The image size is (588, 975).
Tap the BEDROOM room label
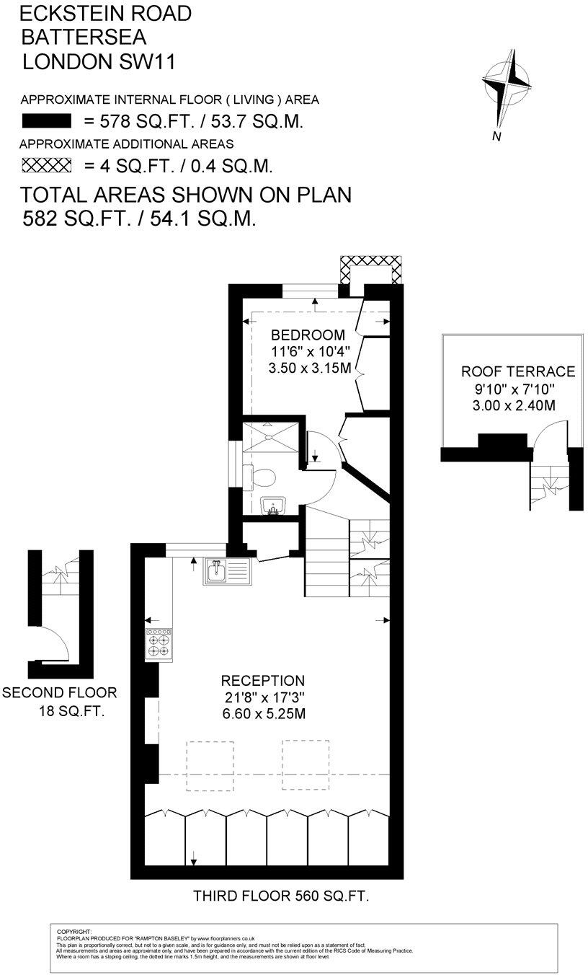click(x=308, y=335)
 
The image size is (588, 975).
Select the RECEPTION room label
click(x=262, y=681)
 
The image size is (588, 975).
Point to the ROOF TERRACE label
click(x=518, y=372)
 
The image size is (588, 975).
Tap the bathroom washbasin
click(x=272, y=506)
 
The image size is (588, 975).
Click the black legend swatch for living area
click(x=47, y=120)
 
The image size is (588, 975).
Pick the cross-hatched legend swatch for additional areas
click(x=47, y=166)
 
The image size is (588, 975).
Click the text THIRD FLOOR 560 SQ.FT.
click(x=281, y=896)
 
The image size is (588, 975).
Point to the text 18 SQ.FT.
click(x=71, y=712)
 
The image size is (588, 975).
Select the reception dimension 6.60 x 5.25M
click(x=263, y=715)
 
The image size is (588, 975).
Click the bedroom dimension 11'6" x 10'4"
click(x=308, y=353)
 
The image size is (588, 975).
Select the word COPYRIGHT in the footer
click(x=73, y=932)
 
